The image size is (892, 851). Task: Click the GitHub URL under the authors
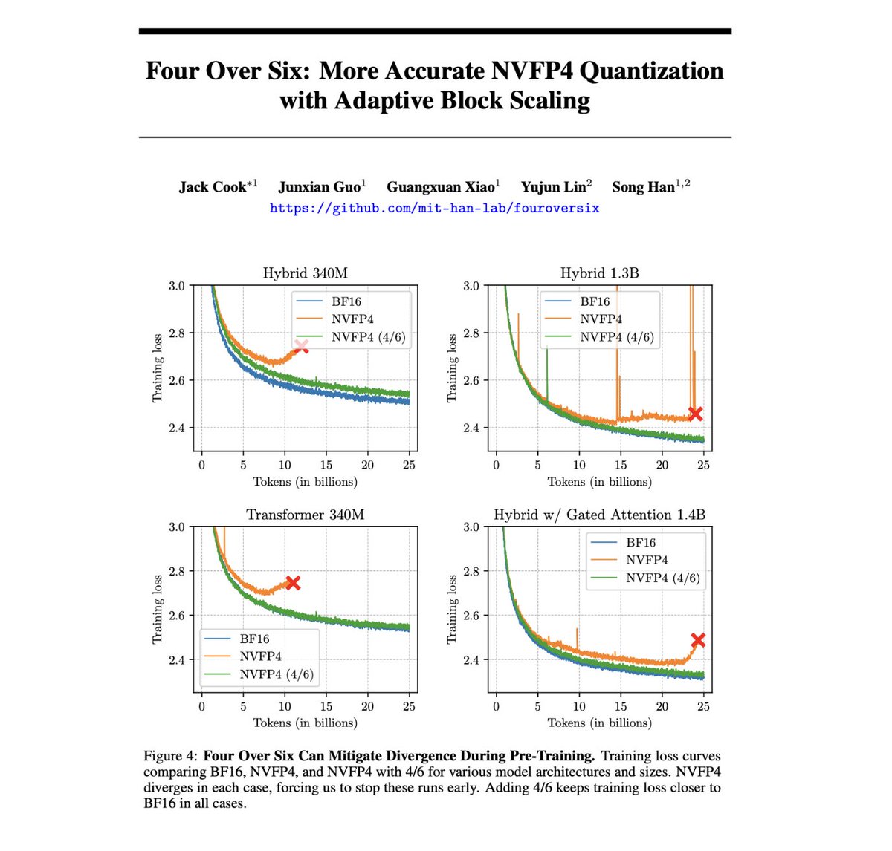pos(434,209)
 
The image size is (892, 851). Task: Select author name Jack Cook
pos(213,187)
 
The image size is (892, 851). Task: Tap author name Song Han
pos(644,187)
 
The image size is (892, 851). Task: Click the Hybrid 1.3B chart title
pos(599,273)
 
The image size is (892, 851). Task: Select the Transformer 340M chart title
pos(306,515)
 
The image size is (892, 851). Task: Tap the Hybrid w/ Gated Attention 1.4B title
pos(599,515)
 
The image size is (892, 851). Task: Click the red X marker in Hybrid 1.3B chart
pos(695,414)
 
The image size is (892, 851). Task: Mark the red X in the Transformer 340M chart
pos(293,583)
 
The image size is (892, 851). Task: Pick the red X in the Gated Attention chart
pos(697,640)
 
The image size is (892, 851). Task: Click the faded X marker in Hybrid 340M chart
pos(301,347)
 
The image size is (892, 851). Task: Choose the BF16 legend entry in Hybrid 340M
pos(346,301)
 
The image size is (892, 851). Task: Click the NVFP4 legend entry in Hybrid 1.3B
pos(601,319)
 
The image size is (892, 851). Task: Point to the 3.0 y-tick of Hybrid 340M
pos(177,286)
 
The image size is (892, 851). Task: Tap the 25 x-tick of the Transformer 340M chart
pos(409,706)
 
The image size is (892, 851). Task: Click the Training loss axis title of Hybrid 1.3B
pos(452,368)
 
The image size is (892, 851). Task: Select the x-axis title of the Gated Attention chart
pos(599,723)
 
